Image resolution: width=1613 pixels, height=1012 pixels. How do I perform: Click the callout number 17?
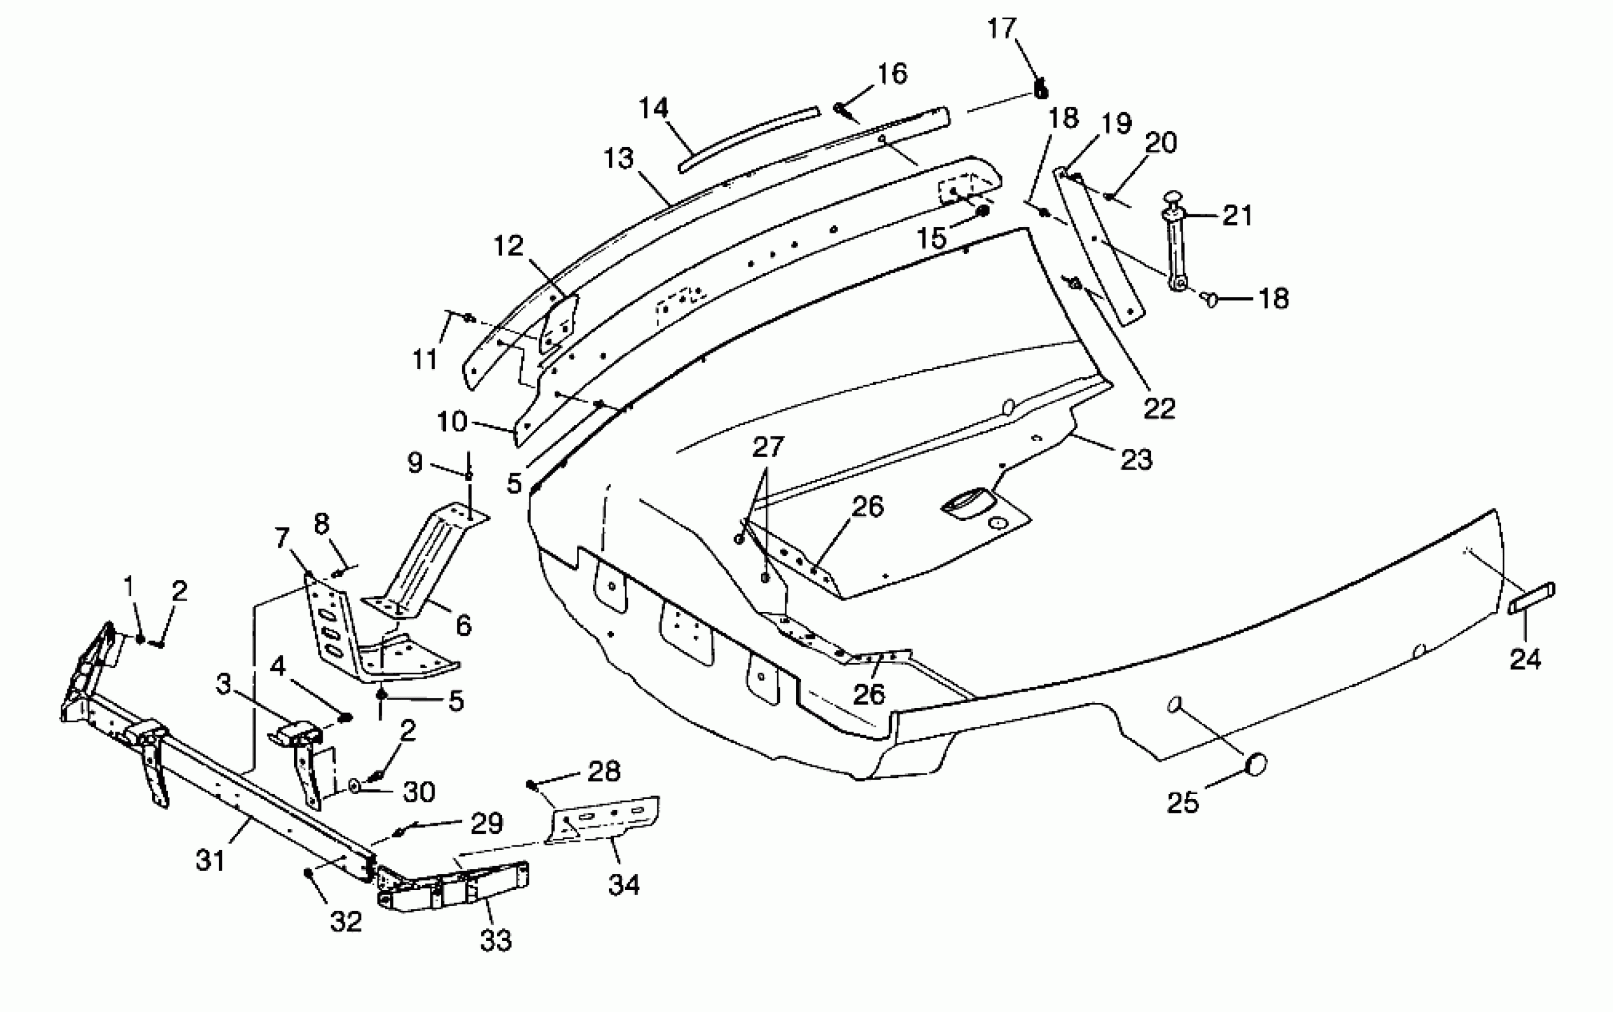[x=1002, y=29]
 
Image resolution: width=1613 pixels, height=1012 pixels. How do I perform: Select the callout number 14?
[x=653, y=108]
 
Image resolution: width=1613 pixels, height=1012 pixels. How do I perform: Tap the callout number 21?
[x=1237, y=215]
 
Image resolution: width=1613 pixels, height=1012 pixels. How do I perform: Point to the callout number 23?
[x=1137, y=459]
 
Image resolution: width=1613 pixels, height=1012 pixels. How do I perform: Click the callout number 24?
[x=1525, y=659]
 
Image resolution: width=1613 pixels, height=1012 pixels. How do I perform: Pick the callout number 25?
[x=1183, y=802]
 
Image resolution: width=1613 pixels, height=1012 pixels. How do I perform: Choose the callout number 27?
[x=767, y=447]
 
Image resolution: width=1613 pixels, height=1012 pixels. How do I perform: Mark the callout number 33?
[x=496, y=940]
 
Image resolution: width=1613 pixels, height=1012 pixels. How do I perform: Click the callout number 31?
[x=210, y=861]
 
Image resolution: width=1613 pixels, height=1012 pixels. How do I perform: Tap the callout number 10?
[x=452, y=421]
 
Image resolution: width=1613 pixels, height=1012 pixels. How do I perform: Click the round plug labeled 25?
[x=1256, y=764]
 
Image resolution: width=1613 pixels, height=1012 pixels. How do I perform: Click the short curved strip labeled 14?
[x=748, y=139]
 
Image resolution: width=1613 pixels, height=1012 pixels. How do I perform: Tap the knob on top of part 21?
[x=1173, y=199]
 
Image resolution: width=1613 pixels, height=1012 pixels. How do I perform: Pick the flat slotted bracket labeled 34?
[x=606, y=817]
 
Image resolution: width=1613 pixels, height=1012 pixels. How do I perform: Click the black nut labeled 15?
[x=983, y=211]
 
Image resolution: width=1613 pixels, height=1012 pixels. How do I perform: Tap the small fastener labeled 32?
[x=308, y=872]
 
